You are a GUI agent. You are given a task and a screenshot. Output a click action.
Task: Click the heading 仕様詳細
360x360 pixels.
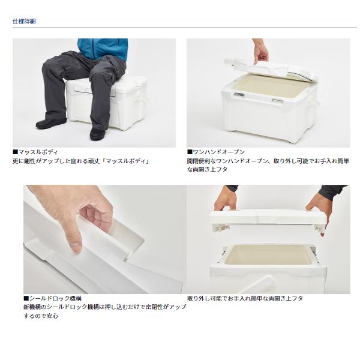tap(24, 22)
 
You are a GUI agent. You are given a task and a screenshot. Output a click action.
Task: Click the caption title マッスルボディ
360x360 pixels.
tap(38, 152)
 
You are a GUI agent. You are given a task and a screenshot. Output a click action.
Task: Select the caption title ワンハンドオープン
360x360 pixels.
tap(218, 152)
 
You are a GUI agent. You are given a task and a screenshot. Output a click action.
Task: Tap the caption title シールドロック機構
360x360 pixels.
tap(55, 298)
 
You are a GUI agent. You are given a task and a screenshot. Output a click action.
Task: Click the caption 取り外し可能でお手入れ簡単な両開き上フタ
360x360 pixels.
tap(245, 298)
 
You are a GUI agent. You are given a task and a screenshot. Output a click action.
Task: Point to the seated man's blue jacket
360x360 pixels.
tap(103, 48)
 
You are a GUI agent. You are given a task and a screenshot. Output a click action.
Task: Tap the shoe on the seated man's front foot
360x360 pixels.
tap(97, 134)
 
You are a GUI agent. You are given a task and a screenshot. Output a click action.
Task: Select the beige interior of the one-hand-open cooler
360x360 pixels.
tap(271, 85)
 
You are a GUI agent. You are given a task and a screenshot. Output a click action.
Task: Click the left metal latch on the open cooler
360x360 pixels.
tap(239, 94)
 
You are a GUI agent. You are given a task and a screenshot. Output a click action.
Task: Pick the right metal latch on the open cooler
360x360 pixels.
tap(277, 101)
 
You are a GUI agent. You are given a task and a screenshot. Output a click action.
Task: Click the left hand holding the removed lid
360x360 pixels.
tap(225, 199)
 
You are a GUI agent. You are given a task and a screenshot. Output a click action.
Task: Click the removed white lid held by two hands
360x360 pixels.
tap(268, 218)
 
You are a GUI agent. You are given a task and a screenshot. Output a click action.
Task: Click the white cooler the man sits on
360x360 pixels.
tap(107, 103)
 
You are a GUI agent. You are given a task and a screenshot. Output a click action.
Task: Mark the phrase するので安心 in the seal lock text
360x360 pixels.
tap(41, 316)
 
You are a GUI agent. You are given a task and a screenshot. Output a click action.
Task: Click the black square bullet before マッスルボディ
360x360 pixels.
tap(16, 152)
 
